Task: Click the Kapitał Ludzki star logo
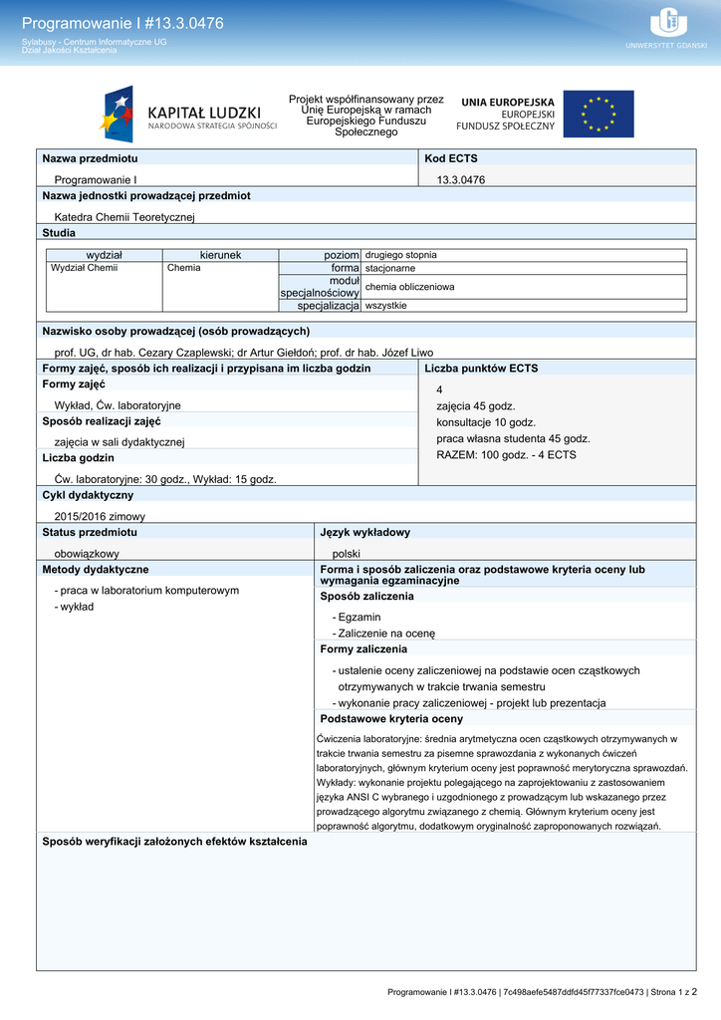(118, 115)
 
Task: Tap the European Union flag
(598, 115)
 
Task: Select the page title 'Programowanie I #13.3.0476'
(122, 23)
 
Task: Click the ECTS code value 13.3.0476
(460, 179)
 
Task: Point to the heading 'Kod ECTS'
(450, 158)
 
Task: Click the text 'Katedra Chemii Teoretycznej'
(124, 216)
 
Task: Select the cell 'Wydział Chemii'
(85, 268)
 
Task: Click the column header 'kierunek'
(220, 255)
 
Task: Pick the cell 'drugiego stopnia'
(400, 255)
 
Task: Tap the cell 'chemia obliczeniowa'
(409, 287)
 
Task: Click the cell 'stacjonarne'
(390, 268)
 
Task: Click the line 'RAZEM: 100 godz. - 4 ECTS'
(506, 455)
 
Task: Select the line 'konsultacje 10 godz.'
(486, 422)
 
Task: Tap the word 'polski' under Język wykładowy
(347, 553)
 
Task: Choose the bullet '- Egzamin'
(357, 618)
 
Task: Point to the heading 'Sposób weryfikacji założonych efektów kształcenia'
(174, 842)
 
